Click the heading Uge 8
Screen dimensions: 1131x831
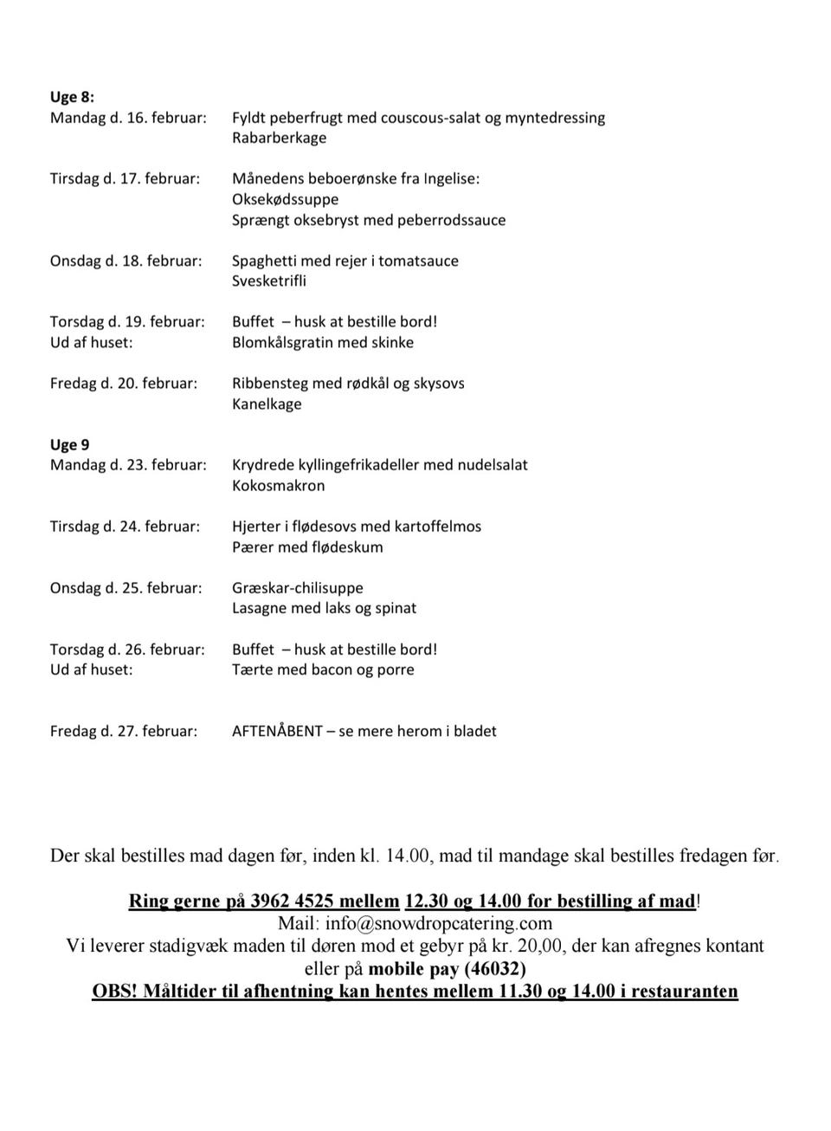pyautogui.click(x=72, y=97)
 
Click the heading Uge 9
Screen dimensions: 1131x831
pyautogui.click(x=69, y=444)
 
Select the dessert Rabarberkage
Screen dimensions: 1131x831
pyautogui.click(x=279, y=138)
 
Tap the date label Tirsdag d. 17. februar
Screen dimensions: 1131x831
pyautogui.click(x=125, y=178)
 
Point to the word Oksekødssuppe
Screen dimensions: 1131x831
pyautogui.click(x=285, y=199)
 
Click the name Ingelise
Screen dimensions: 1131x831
pyautogui.click(x=450, y=178)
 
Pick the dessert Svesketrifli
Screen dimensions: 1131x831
pyautogui.click(x=268, y=281)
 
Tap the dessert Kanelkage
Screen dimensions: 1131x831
pyautogui.click(x=267, y=404)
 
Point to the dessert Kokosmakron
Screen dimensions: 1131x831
pyautogui.click(x=278, y=486)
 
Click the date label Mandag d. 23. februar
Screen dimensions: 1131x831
pyautogui.click(x=128, y=465)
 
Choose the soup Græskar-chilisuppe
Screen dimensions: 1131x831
pyautogui.click(x=297, y=588)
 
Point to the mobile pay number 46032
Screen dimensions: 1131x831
pyautogui.click(x=495, y=968)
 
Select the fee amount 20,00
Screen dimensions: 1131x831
pyautogui.click(x=541, y=946)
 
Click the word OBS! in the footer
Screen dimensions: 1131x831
pyautogui.click(x=114, y=991)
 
